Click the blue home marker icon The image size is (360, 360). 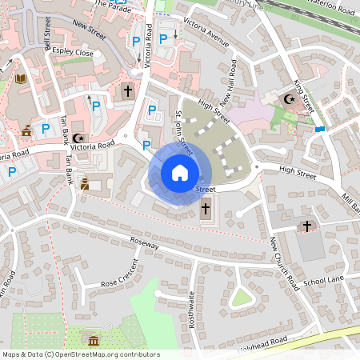pos(180,172)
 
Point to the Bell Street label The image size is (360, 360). pos(57,37)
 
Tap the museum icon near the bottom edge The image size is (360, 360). pos(94,342)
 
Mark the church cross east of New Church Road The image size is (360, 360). pos(306,227)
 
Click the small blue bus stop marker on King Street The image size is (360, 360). pos(320,129)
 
